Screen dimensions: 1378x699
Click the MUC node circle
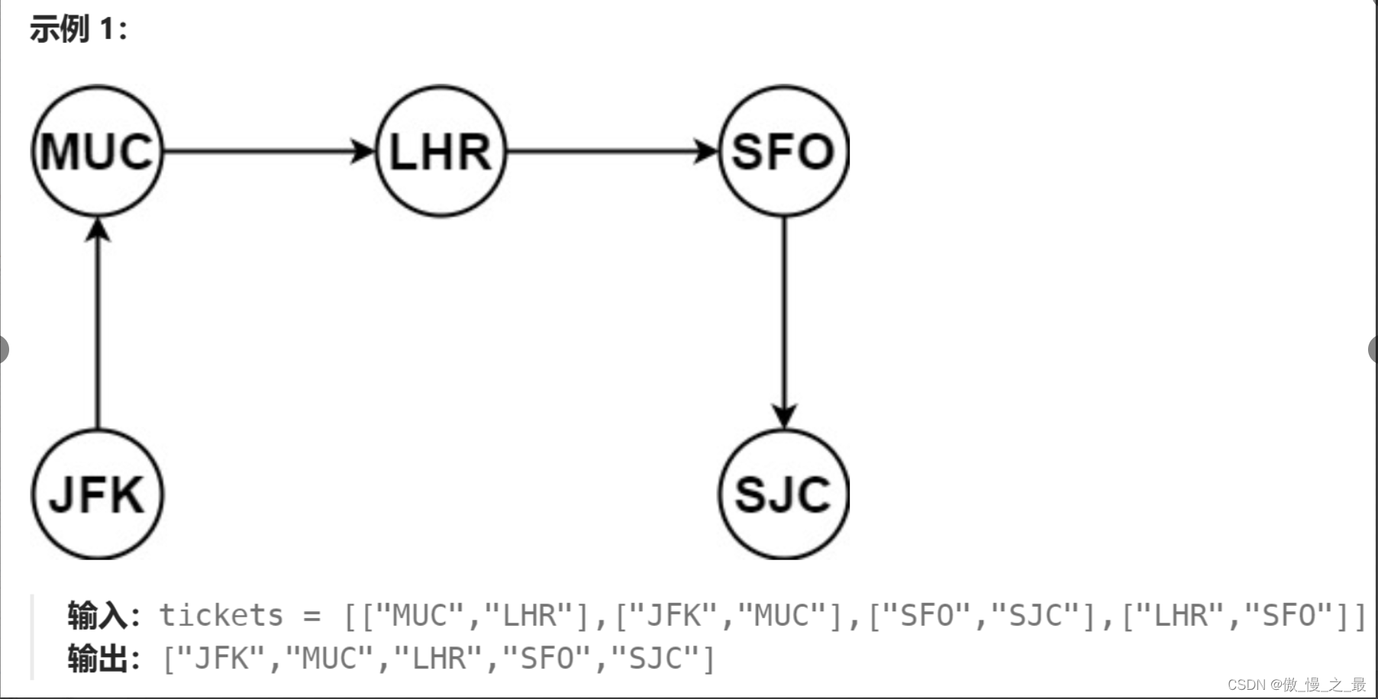97,151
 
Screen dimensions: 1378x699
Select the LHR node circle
441,151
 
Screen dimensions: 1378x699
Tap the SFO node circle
783,151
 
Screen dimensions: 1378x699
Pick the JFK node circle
97,494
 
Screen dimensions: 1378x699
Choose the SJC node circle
783,494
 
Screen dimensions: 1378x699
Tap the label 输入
97,615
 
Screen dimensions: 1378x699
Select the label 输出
97,659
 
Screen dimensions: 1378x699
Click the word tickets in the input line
221,615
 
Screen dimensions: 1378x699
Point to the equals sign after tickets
311,615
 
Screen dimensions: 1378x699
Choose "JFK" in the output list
221,659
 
